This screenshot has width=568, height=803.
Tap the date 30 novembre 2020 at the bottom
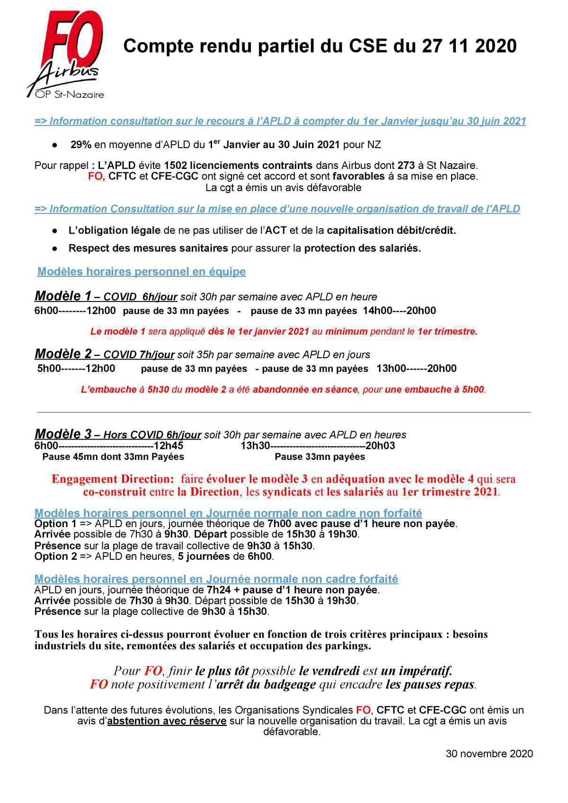click(489, 754)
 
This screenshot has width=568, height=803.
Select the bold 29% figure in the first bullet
click(81, 145)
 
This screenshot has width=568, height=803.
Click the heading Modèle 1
click(62, 296)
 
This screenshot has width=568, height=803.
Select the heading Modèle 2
click(62, 354)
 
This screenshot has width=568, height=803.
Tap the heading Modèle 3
click(62, 434)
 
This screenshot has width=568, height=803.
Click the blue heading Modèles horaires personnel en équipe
click(142, 272)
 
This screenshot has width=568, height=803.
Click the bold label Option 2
click(55, 556)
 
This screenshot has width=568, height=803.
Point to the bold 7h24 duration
click(217, 591)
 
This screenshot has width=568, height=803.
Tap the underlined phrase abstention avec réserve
click(167, 721)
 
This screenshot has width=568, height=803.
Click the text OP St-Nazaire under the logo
click(70, 95)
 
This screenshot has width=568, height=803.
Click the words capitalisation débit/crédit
click(391, 230)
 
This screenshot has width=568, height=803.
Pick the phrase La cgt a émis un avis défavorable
click(283, 188)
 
